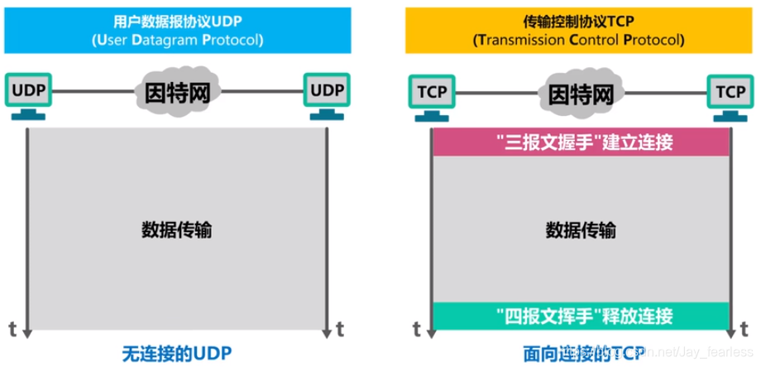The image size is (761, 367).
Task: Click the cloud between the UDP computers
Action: point(177,89)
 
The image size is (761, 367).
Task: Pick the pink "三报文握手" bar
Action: point(579,142)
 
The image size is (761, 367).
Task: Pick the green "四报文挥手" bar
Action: point(579,315)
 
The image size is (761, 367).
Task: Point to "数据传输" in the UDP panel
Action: point(177,229)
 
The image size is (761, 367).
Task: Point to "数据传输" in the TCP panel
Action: point(579,229)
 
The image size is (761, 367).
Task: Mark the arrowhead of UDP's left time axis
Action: point(28,331)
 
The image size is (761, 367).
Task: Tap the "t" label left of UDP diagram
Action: point(12,327)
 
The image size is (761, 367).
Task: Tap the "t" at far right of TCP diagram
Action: point(743,327)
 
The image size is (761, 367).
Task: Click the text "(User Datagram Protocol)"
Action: point(177,39)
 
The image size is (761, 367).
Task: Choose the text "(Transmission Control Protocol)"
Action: point(578,39)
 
